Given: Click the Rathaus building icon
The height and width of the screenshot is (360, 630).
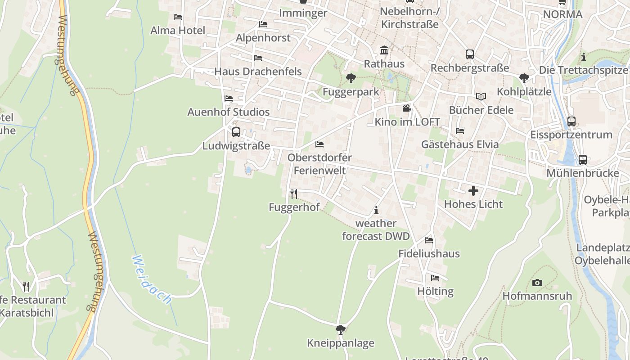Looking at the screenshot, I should click(x=384, y=50).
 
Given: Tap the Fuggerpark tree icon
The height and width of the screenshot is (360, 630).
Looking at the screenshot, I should click(x=351, y=78).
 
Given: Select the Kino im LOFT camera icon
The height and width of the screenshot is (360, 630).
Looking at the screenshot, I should click(x=407, y=108).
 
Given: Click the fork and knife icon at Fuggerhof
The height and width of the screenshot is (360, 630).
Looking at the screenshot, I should click(x=294, y=194).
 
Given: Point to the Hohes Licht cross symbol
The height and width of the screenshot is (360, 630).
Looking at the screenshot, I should click(x=473, y=191).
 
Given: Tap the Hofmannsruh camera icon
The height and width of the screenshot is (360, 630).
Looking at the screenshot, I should click(x=537, y=283).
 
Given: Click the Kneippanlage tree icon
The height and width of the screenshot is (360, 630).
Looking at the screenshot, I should click(x=341, y=330).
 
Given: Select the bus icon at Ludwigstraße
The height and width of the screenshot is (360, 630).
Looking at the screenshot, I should click(x=236, y=132).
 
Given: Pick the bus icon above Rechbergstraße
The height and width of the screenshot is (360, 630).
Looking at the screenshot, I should click(x=470, y=54).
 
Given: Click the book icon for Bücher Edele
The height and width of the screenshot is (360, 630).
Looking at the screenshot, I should click(x=481, y=96).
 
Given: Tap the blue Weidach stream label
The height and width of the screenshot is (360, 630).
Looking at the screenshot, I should click(x=152, y=279).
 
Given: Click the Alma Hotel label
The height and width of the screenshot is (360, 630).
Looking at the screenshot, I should click(x=178, y=31).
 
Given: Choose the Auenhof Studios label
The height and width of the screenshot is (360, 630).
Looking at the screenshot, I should click(x=229, y=112).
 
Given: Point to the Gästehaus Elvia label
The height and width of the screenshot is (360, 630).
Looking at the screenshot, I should click(x=460, y=144).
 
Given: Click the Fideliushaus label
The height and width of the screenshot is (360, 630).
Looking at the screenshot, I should click(x=429, y=254).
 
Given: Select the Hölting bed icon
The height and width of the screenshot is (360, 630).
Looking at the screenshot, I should click(x=435, y=278).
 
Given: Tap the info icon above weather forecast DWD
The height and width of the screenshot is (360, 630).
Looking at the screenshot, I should click(x=376, y=210).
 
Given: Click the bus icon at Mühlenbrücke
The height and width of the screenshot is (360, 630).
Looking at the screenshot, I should click(x=582, y=160).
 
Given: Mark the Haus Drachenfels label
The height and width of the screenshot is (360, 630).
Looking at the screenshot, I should click(x=258, y=72).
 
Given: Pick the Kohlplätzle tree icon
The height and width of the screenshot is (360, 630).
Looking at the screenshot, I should click(x=524, y=78).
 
